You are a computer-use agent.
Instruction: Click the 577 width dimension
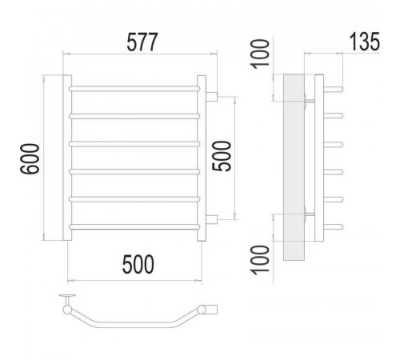[142, 42]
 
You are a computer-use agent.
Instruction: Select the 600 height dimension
[30, 159]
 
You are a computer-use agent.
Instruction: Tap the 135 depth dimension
[364, 42]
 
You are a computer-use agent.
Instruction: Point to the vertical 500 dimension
[222, 157]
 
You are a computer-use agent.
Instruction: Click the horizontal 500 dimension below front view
[138, 264]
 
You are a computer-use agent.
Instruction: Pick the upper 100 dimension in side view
[260, 54]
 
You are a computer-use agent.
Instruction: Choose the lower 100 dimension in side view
[260, 260]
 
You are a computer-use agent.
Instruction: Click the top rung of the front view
[134, 89]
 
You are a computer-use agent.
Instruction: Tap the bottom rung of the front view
[134, 227]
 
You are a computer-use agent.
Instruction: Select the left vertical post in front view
[67, 158]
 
